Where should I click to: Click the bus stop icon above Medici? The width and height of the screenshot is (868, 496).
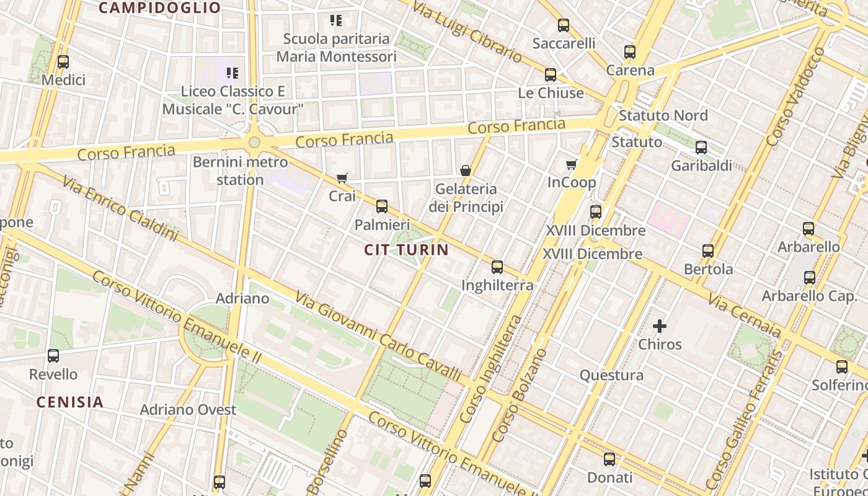point(63,62)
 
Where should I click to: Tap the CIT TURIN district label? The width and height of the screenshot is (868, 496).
point(406,250)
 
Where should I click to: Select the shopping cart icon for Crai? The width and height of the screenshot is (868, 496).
point(342,179)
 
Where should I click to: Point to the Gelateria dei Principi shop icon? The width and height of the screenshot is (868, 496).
point(466,170)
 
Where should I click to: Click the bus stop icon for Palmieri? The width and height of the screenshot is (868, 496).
point(382,206)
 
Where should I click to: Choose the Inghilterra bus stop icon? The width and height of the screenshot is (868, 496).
point(497,267)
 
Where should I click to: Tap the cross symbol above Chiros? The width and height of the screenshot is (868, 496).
point(660,326)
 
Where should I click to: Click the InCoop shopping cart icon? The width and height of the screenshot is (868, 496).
point(571,164)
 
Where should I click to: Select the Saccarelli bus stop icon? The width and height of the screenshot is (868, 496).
point(564,25)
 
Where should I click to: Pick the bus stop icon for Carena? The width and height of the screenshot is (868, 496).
point(630,52)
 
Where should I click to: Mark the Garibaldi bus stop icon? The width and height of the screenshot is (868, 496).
point(701,148)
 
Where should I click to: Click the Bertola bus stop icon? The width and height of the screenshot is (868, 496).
point(708,251)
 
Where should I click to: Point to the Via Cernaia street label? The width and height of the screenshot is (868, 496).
point(745,317)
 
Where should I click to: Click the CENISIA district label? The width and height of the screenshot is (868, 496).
point(70,402)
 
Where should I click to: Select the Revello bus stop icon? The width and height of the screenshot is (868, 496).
point(53,356)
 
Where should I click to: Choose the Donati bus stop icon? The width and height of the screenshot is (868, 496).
point(609,459)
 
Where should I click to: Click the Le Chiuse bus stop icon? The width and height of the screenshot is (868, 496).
point(551,75)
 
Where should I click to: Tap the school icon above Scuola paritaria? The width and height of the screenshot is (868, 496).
point(336,20)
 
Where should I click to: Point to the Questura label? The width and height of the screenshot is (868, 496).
point(611,375)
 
